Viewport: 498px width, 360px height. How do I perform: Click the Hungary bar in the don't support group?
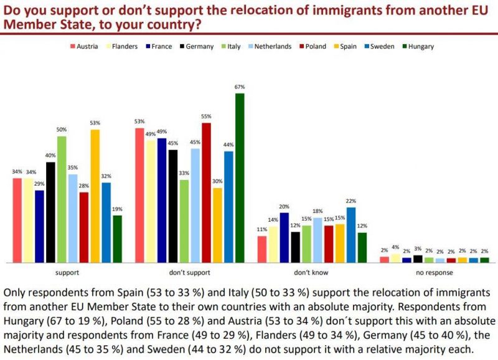point(240,178)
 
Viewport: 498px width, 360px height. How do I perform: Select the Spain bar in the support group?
point(95,196)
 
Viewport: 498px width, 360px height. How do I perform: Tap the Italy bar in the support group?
point(62,199)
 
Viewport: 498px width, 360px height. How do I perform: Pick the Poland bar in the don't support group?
point(206,192)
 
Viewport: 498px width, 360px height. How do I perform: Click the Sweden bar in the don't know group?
point(351,234)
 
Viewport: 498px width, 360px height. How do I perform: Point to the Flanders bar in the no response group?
point(395,258)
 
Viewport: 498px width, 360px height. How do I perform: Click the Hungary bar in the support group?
point(117,239)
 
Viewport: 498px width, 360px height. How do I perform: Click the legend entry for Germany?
point(196,46)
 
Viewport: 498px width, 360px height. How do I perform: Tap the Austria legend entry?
point(83,46)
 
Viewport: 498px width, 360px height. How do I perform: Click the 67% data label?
point(240,88)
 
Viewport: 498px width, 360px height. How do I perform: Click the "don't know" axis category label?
point(312,272)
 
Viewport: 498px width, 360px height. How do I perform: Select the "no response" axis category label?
point(434,272)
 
